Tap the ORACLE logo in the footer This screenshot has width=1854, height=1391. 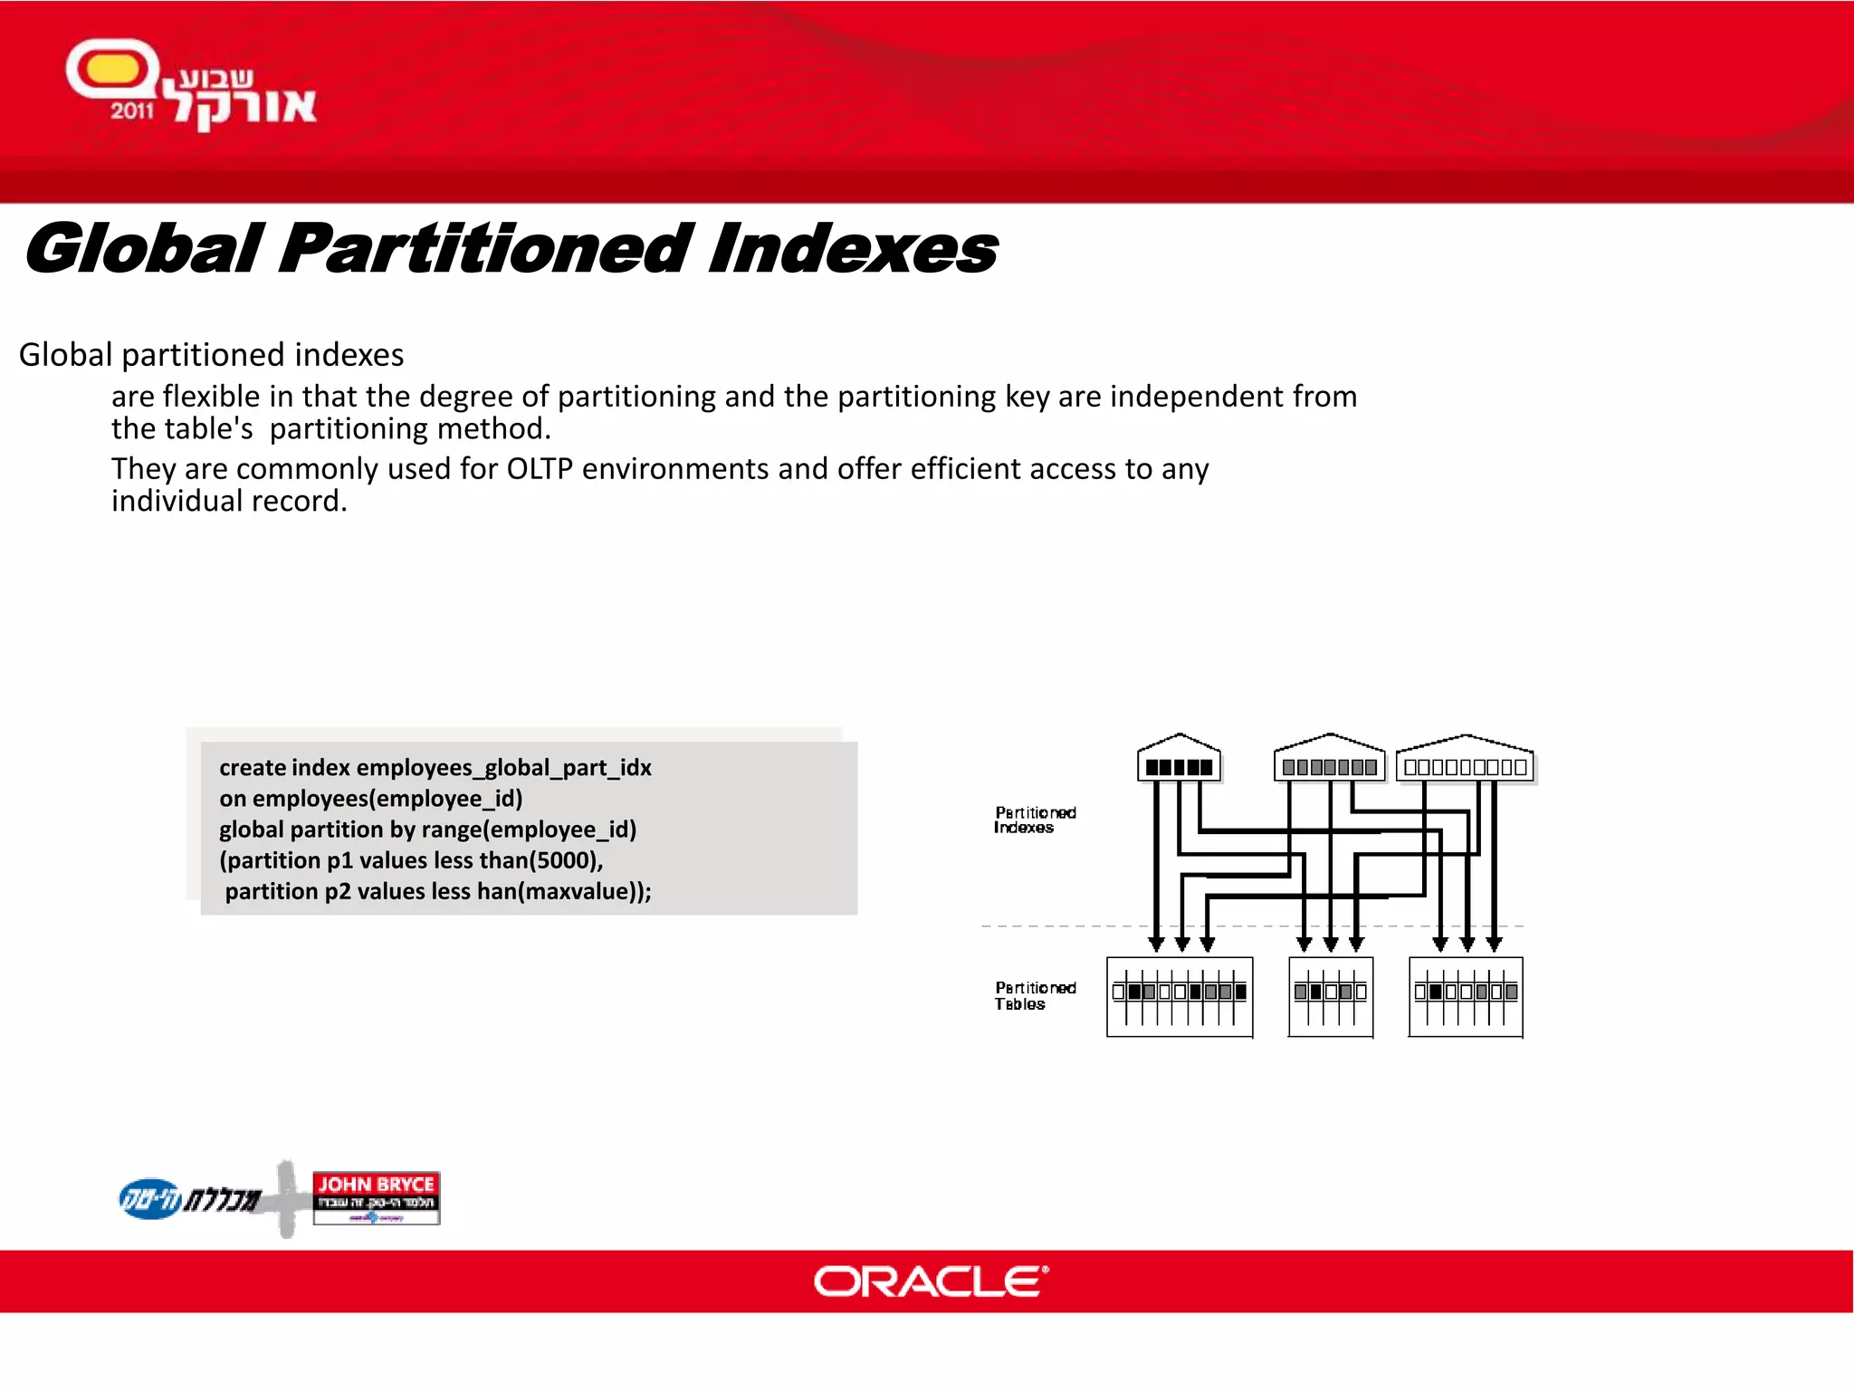(931, 1281)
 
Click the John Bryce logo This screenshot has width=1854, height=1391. (376, 1197)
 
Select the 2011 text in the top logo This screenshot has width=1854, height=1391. (132, 111)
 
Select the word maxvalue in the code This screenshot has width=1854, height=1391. (579, 891)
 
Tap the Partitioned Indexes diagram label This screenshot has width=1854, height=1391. (1035, 820)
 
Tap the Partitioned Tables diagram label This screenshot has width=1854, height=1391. (1035, 995)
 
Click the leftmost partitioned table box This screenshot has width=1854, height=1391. (1180, 996)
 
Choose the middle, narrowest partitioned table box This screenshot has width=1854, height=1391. (1330, 996)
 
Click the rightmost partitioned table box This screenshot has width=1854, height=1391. (1466, 996)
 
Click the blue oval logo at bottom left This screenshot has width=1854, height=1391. (150, 1199)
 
